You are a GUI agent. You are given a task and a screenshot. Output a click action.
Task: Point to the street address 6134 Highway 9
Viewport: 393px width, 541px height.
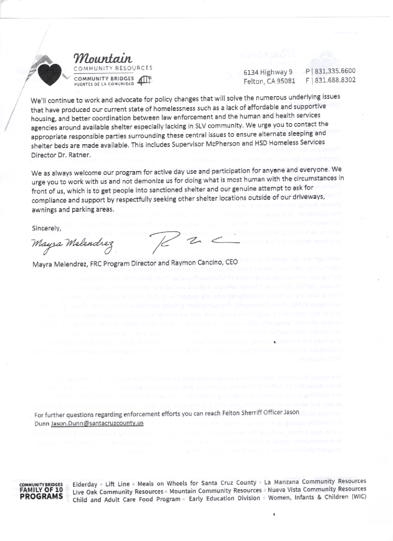tap(268, 72)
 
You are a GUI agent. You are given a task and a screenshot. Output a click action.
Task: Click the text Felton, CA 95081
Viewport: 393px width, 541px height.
tap(270, 80)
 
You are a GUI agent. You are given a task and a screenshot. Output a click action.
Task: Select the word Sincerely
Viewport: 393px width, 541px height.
tap(46, 228)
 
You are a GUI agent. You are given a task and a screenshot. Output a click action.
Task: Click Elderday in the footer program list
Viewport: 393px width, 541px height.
tap(85, 483)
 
